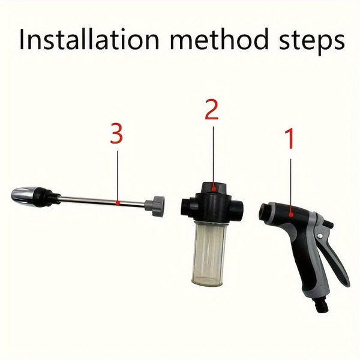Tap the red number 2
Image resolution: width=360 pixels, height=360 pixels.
click(x=211, y=111)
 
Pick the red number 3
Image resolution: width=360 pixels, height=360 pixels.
click(x=116, y=134)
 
